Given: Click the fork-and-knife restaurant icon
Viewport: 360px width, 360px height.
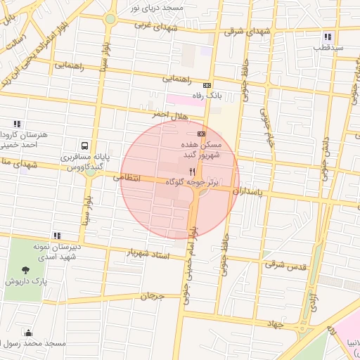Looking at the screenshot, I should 191,171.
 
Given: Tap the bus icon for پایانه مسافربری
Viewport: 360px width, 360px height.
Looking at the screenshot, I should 84,146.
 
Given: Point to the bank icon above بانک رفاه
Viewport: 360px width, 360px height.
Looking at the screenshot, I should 207,85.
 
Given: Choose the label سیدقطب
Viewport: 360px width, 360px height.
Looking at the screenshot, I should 328,48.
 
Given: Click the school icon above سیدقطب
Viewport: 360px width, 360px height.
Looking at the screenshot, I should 328,37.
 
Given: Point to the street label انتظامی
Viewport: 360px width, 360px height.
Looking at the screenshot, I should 127,179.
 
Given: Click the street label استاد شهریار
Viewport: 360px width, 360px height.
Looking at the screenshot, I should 148,252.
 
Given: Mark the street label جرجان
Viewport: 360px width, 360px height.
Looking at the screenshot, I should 152,296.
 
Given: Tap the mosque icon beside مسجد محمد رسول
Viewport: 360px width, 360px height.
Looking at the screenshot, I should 28,333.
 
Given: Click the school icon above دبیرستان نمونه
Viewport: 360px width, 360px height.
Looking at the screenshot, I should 56,236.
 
